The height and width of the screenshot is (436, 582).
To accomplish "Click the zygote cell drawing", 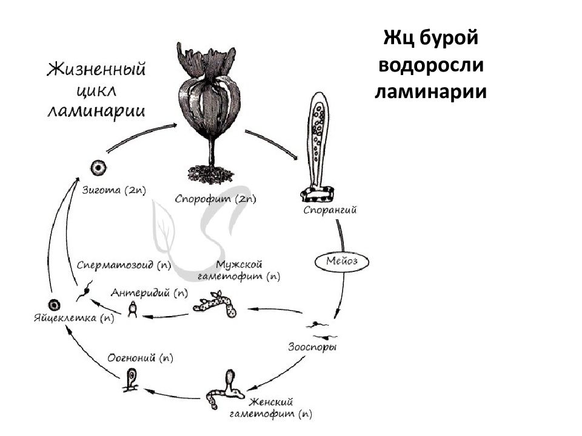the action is (x=98, y=168).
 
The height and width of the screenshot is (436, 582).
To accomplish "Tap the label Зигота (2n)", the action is (x=114, y=190).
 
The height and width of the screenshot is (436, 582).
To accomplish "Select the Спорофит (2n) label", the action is (x=215, y=199).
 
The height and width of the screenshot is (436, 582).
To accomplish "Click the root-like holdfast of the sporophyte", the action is (x=210, y=174).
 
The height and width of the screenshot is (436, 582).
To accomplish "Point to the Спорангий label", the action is (x=330, y=210).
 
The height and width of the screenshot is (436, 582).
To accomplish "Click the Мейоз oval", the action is (x=342, y=262).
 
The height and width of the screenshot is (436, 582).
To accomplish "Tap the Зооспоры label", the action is (x=313, y=348).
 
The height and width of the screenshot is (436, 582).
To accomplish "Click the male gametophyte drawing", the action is (x=216, y=304).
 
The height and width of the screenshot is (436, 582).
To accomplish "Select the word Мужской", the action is (x=239, y=265).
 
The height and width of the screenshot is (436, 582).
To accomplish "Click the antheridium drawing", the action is (x=133, y=309).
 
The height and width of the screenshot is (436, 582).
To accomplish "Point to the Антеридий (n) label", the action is (x=149, y=293).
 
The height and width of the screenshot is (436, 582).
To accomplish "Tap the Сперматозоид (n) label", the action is (x=124, y=265).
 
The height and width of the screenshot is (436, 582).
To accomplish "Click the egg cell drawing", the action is (x=54, y=305).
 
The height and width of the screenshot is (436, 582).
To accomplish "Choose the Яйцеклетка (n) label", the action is (x=74, y=318).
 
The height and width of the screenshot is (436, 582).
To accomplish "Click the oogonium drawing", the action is (x=132, y=380).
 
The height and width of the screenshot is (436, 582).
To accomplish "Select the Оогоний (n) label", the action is (x=140, y=358).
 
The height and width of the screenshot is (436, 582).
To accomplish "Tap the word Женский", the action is (x=272, y=402).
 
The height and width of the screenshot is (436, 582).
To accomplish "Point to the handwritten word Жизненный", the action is (x=96, y=70).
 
